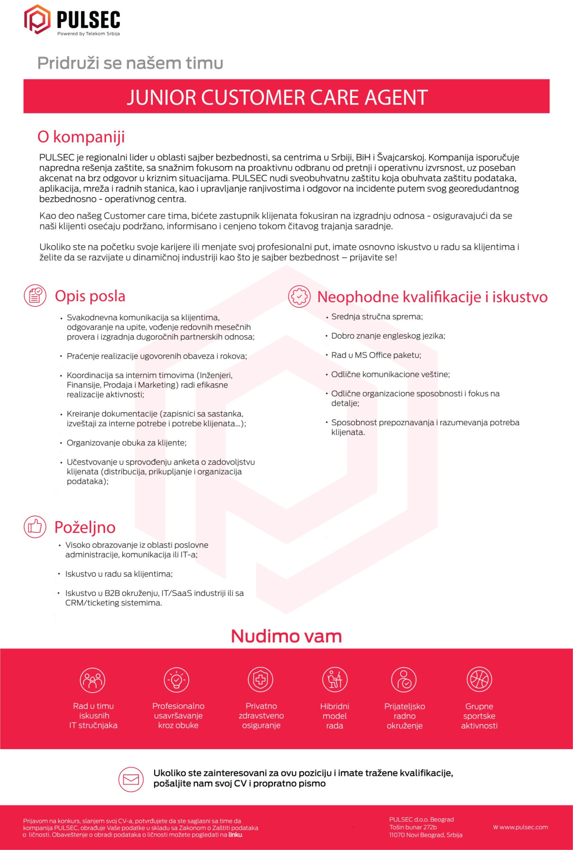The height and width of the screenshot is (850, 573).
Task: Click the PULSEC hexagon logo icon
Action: tap(37, 20)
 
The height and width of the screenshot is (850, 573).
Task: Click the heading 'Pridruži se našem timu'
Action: tap(130, 63)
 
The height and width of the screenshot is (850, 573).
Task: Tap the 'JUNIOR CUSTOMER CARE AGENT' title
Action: tap(277, 97)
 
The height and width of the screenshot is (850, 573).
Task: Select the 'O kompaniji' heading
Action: tap(81, 137)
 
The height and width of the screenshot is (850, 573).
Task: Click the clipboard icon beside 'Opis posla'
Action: tap(35, 296)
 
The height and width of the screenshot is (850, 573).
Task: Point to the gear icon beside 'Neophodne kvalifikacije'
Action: tap(299, 296)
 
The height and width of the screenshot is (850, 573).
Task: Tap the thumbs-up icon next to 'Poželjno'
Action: tap(35, 527)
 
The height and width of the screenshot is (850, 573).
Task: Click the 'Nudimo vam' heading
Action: tap(286, 636)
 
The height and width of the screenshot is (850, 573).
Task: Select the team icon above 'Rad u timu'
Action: tap(93, 680)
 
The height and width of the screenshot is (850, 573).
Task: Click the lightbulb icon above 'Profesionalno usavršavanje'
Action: tap(177, 679)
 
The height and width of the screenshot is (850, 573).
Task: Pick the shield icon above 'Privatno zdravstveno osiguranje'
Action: tap(260, 679)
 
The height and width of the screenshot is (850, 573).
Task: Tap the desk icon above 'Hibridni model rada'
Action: tap(335, 679)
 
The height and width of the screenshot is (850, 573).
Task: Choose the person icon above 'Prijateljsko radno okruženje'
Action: tap(404, 679)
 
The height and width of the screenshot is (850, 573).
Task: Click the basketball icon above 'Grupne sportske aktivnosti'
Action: tap(479, 679)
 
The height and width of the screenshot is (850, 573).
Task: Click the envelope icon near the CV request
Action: tap(131, 779)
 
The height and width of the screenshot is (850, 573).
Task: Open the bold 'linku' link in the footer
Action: tap(235, 835)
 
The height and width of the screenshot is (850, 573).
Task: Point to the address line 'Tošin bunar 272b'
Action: tap(413, 827)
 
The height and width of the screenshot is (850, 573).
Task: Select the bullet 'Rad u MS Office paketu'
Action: tap(376, 355)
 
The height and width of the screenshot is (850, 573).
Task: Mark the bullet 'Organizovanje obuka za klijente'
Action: tap(127, 443)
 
